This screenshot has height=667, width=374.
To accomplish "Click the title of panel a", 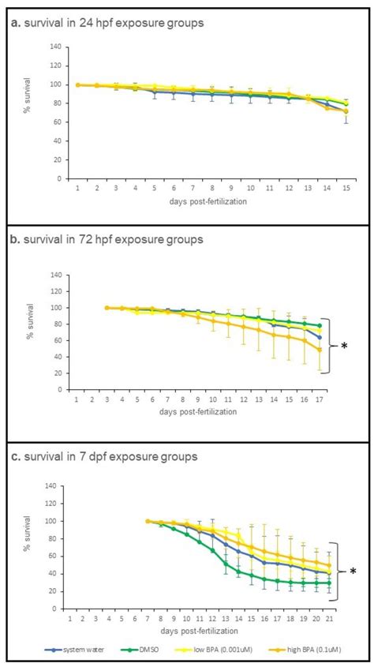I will point(107,23).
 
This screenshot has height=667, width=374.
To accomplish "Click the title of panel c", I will point(104,456).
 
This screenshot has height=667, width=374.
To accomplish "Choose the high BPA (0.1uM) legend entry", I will point(310,651).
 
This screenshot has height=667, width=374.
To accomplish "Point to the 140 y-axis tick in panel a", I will point(56,47).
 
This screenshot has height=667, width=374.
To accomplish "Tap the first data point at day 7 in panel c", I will point(148,521).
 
